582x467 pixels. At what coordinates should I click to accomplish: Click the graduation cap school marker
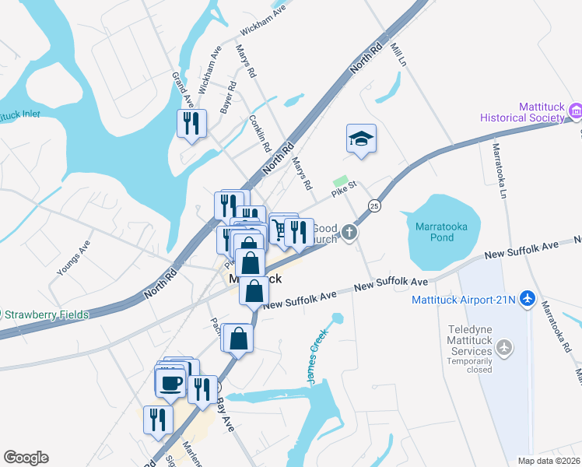point(361,139)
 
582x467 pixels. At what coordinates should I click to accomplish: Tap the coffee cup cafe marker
point(170,382)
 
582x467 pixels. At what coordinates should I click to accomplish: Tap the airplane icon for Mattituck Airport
point(528,297)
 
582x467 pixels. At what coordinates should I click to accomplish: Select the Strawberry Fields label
point(48,315)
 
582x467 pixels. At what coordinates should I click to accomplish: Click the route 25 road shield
point(374,205)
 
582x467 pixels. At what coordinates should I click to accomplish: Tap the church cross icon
point(350,231)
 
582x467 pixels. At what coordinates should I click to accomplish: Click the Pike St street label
point(342,186)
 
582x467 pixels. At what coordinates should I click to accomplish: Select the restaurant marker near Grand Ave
point(191,123)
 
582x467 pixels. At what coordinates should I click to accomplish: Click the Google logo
point(26,458)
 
